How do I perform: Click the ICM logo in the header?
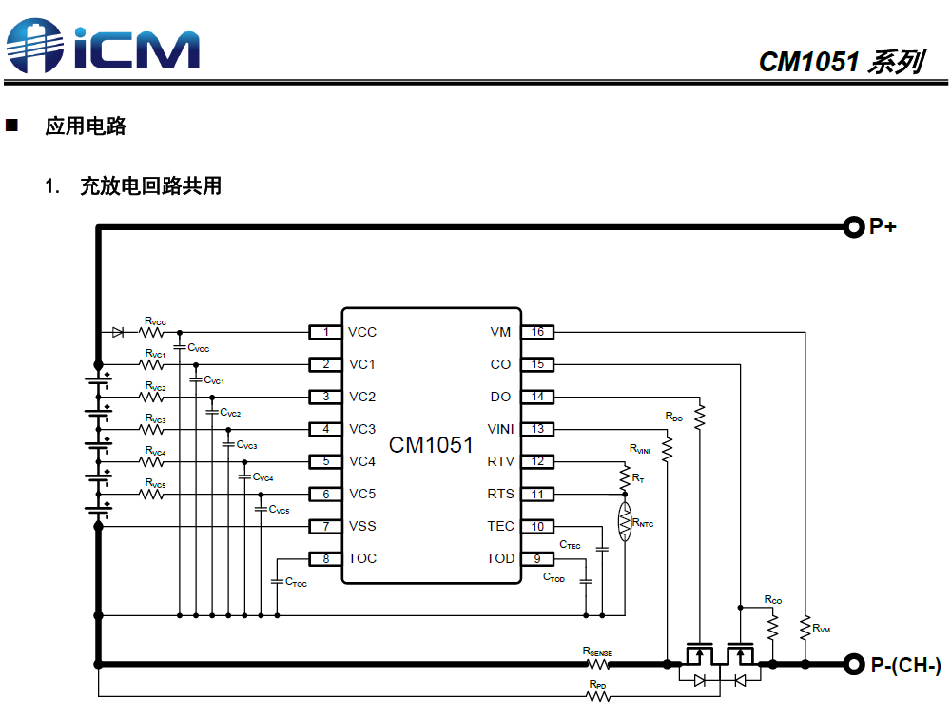(103, 45)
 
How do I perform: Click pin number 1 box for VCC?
(326, 332)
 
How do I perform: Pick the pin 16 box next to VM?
(538, 332)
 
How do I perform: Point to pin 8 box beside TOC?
(326, 558)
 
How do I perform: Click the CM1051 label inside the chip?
(431, 445)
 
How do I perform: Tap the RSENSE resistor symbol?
(599, 663)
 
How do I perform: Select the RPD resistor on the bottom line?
(597, 696)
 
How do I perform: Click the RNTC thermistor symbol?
(625, 523)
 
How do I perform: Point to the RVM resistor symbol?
(805, 628)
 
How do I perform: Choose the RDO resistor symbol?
(700, 416)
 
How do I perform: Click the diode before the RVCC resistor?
(118, 332)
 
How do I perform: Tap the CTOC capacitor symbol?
(277, 580)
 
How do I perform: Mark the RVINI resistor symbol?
(668, 448)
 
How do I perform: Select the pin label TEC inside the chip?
(500, 526)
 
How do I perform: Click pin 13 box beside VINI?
(538, 429)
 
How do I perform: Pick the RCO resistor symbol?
(772, 625)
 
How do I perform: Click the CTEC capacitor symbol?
(601, 549)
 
